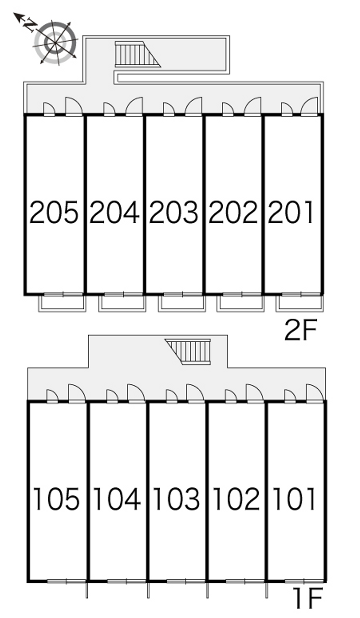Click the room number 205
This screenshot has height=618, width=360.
pos(54,212)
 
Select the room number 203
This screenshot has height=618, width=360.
pos(174,212)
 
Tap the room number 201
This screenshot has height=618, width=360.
pos(291,212)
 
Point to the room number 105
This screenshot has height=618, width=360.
pos(57,499)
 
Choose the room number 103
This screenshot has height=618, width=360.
pos(176,499)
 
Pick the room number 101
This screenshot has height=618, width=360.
pos(295,499)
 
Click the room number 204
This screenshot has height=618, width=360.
pos(114,212)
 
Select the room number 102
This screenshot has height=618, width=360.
pos(236,499)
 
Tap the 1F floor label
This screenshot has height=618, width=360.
pos(308,598)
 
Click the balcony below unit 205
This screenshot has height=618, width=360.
pos(62,302)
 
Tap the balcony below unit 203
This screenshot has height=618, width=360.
pos(181,302)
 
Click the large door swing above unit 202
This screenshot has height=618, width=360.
pos(253,107)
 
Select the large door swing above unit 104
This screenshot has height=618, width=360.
pos(135,393)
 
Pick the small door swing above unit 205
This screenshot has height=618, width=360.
pos(49,109)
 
